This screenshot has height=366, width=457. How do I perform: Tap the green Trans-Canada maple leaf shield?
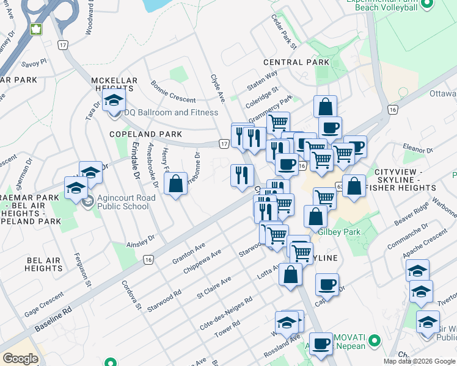pos(35,29)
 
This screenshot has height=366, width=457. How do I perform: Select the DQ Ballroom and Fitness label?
pos(171,113)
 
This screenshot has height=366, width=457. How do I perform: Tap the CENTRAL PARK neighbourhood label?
pos(296,63)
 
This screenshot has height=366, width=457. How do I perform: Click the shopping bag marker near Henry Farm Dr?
pos(175,184)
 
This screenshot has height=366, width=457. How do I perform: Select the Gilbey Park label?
pos(339,232)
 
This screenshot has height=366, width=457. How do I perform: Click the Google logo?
pos(21,359)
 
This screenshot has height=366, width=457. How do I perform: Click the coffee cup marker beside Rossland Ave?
pos(320,345)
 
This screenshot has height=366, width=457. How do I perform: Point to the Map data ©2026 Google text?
pos(419,361)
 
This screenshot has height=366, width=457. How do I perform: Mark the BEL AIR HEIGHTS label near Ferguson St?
pos(43,265)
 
